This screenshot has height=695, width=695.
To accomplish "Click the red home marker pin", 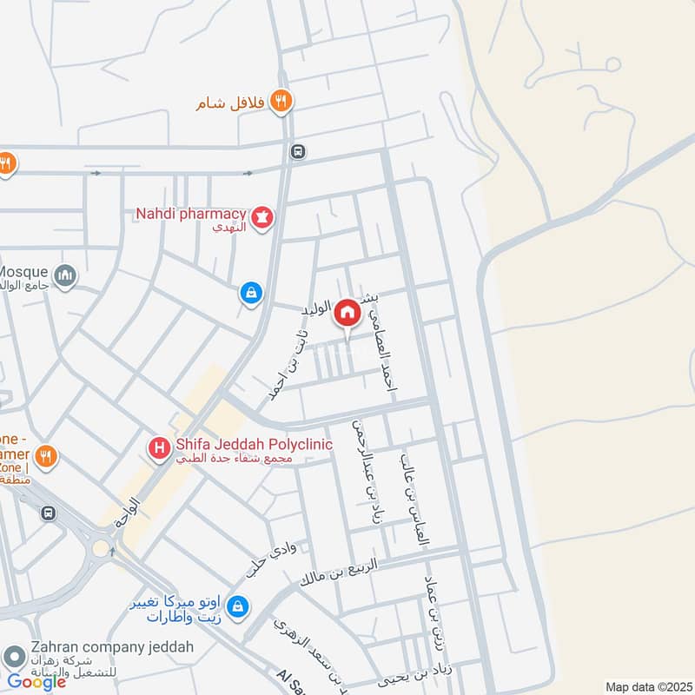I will click(x=347, y=314).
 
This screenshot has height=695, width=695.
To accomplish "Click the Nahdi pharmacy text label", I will click(x=190, y=213).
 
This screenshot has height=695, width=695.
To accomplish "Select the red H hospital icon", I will click(x=160, y=448).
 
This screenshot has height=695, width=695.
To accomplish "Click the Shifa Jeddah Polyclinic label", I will click(x=254, y=444).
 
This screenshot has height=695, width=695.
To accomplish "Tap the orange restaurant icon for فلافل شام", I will click(x=280, y=102).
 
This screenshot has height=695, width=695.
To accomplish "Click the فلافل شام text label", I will click(x=229, y=103).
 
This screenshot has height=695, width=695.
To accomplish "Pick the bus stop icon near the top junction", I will click(x=298, y=151).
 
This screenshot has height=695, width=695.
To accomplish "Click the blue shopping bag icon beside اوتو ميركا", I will click(x=244, y=606).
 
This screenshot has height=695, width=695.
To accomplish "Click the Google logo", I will click(x=36, y=682).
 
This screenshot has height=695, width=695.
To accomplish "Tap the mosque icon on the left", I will click(x=64, y=277).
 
